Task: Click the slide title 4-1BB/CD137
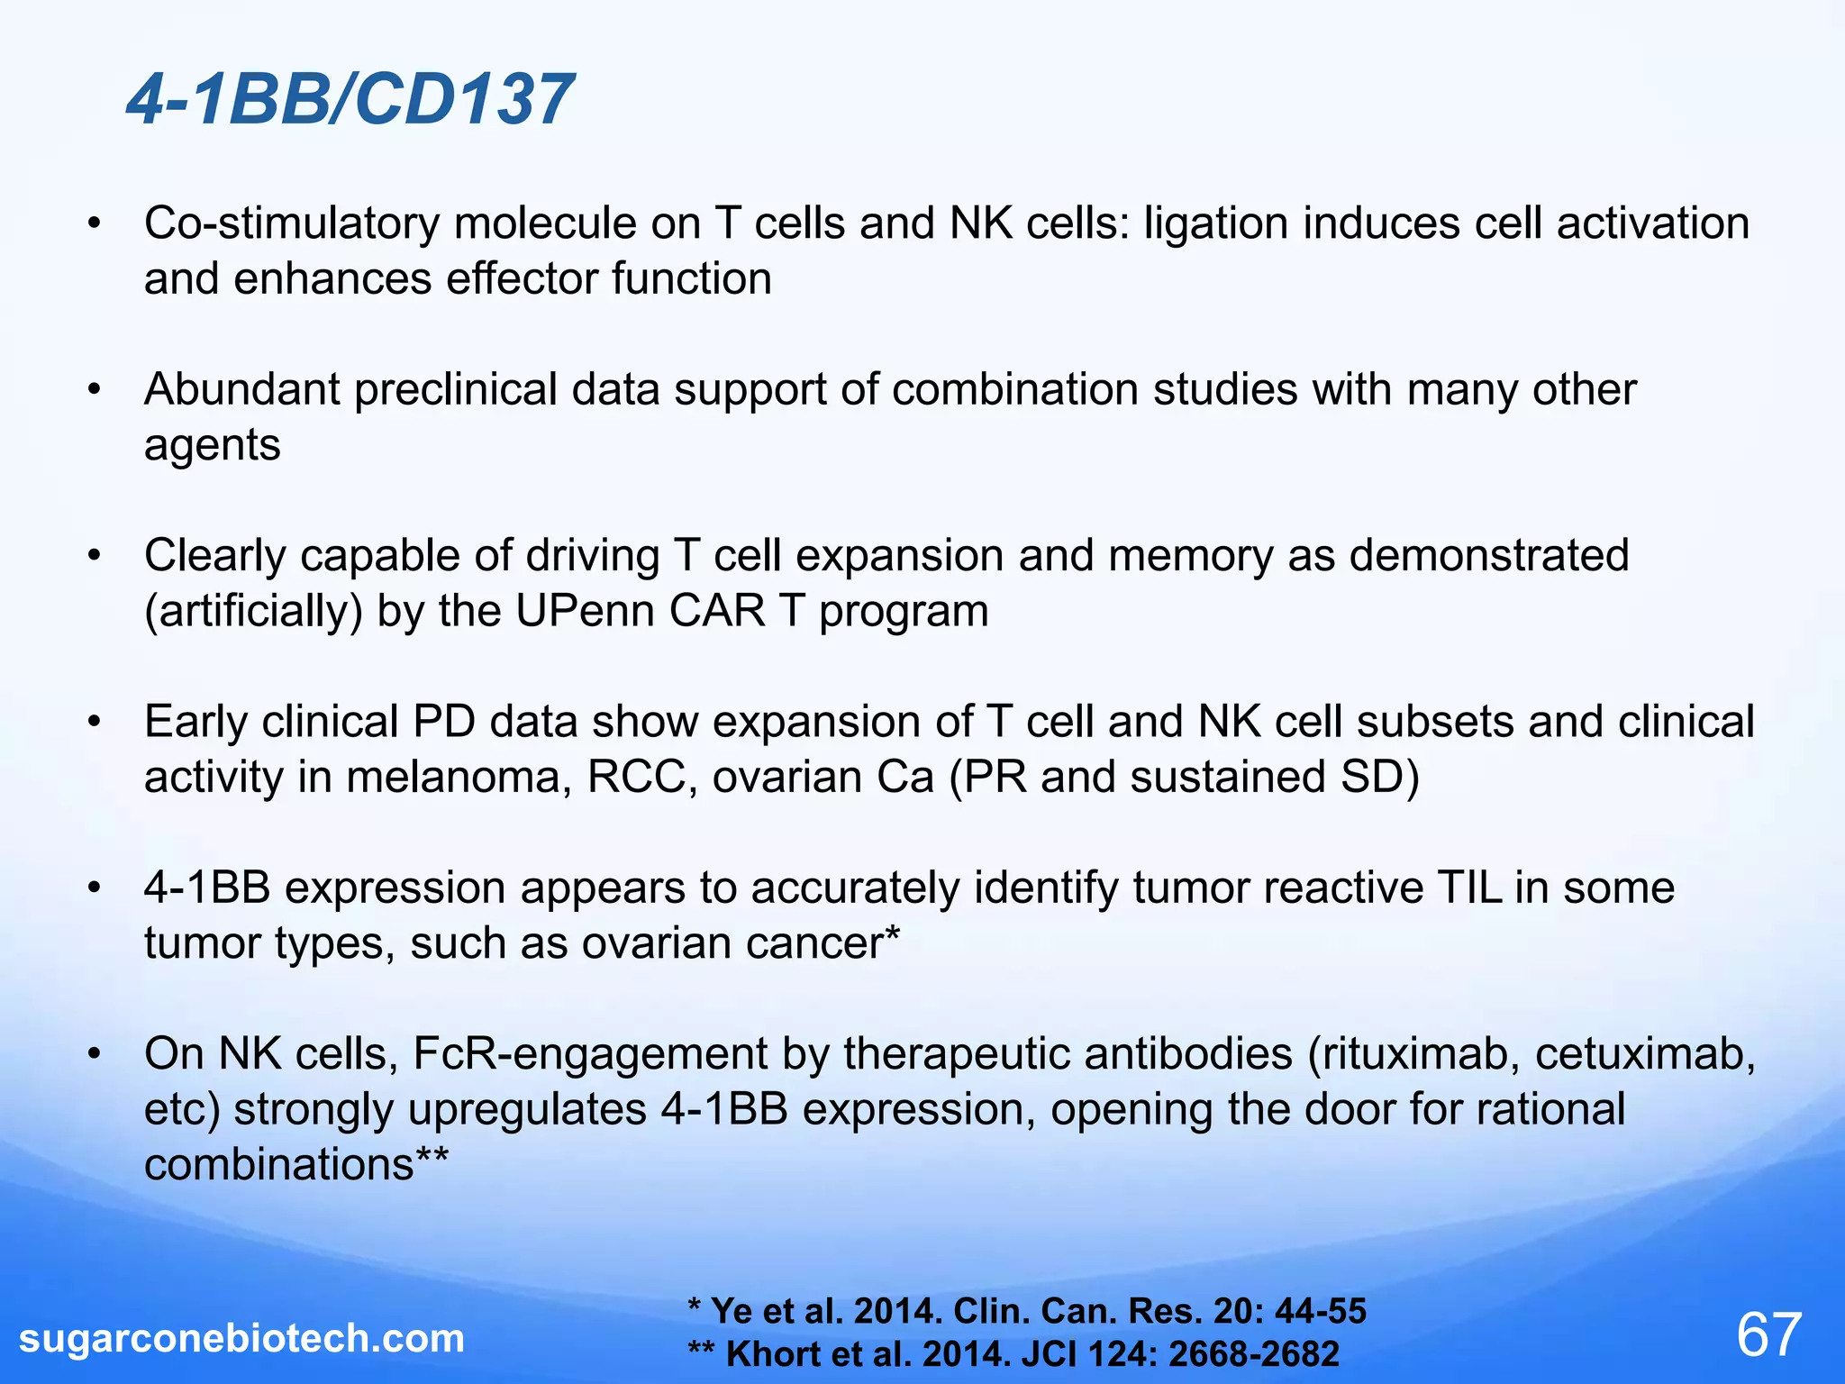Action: click(x=350, y=99)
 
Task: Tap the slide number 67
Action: click(x=1768, y=1334)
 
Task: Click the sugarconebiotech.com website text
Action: click(x=241, y=1338)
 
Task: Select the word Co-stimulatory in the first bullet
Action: click(x=291, y=223)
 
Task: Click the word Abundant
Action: click(x=241, y=389)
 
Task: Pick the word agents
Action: click(x=212, y=445)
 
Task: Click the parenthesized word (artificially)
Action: click(x=253, y=611)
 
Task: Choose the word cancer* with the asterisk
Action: click(x=822, y=943)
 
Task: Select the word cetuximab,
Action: click(x=1645, y=1054)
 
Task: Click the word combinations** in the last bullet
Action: click(x=295, y=1164)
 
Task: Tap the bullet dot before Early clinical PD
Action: click(x=95, y=722)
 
